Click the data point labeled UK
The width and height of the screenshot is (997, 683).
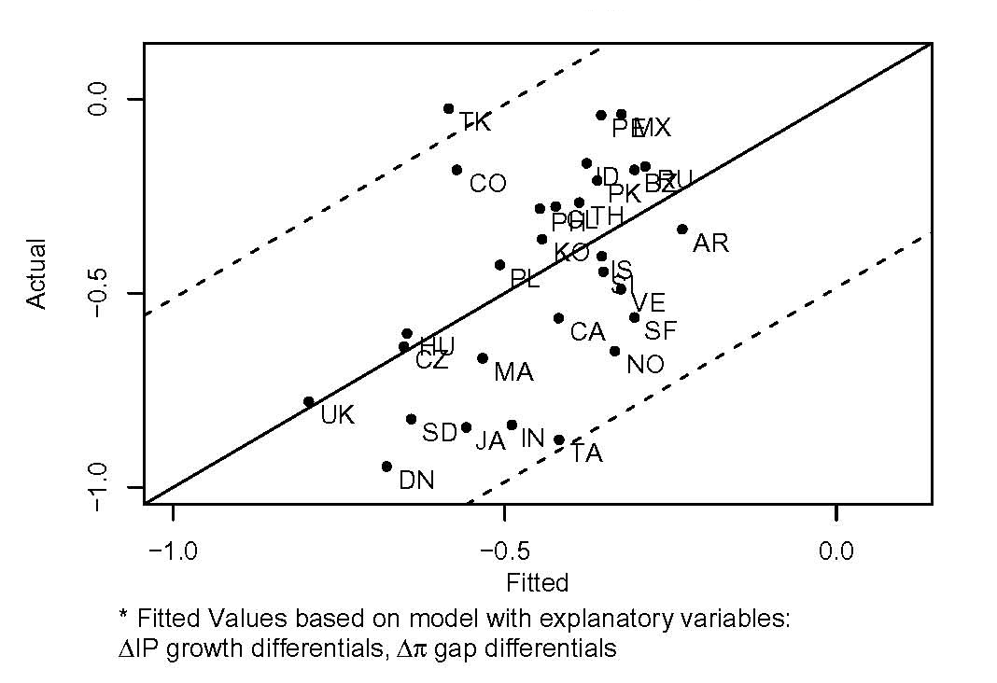point(309,402)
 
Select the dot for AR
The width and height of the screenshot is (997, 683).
point(682,229)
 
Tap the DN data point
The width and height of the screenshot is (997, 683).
point(386,467)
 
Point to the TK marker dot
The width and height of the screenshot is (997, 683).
point(449,109)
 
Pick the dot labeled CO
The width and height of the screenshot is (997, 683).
point(456,170)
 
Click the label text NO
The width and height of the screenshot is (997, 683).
point(645,365)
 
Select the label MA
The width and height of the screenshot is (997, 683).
point(513,373)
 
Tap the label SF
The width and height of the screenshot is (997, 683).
point(661,330)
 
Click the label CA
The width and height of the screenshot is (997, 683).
point(587,332)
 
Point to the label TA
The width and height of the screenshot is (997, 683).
point(586,454)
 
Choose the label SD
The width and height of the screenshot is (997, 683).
point(439,433)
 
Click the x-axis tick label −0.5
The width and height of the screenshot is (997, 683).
point(504,551)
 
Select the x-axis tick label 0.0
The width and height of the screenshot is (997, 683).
point(836,551)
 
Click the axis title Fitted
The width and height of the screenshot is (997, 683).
point(537,584)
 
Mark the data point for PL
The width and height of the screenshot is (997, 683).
point(500,265)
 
